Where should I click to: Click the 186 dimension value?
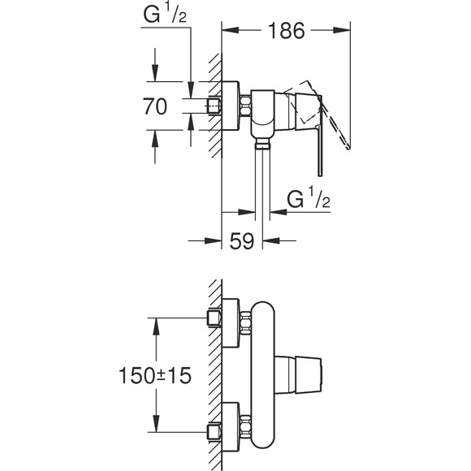287,32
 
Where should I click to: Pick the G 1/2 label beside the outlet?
308,199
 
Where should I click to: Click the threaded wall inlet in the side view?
214,106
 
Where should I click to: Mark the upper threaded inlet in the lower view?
215,316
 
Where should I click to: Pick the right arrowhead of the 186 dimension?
348,32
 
